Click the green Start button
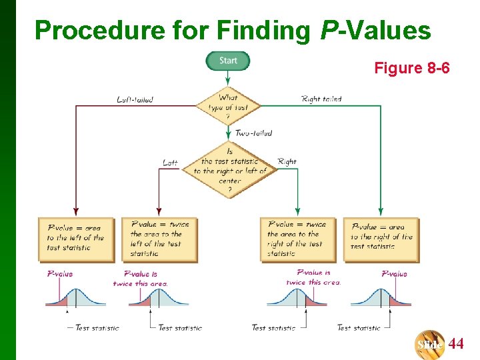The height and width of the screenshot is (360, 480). (x=227, y=61)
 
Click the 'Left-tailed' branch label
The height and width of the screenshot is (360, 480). (x=135, y=100)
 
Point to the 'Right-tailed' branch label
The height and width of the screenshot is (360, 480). (x=321, y=99)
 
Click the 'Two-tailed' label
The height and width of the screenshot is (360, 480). (x=253, y=133)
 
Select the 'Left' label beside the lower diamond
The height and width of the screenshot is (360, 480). (x=170, y=162)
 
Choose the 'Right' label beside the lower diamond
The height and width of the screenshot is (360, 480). (x=287, y=161)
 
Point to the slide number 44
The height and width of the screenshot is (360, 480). (x=456, y=345)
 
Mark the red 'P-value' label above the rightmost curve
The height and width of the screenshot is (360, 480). (x=394, y=274)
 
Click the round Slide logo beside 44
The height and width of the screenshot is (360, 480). (x=430, y=345)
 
